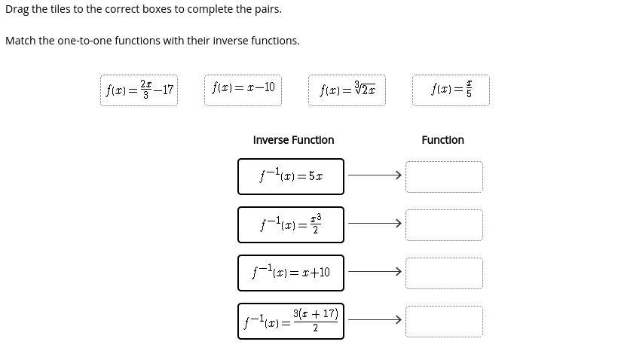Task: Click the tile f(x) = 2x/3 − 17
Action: (x=139, y=90)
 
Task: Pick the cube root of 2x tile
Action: (x=347, y=90)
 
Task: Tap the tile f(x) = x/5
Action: (x=451, y=90)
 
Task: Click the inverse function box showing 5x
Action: (x=291, y=176)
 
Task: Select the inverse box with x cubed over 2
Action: (x=291, y=224)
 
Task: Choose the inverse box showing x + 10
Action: (x=291, y=273)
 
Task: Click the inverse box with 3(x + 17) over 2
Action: (x=291, y=321)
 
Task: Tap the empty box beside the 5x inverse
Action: (x=444, y=177)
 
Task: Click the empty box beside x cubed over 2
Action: (x=444, y=225)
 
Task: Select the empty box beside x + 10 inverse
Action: (x=444, y=273)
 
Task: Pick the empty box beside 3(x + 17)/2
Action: (x=444, y=321)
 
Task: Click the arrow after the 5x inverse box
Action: (x=375, y=176)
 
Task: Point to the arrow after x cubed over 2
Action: (x=375, y=224)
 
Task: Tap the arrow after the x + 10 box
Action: (x=375, y=272)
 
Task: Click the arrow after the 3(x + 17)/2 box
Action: (x=375, y=320)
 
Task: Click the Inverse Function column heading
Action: (x=293, y=140)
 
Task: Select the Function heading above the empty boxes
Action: (x=442, y=140)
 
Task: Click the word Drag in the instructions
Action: (x=17, y=9)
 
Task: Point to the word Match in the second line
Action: (x=20, y=41)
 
